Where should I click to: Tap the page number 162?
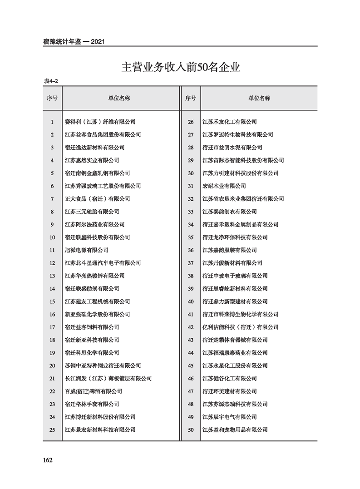(x=48, y=460)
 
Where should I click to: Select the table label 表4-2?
(x=51, y=81)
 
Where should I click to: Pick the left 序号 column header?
(x=52, y=98)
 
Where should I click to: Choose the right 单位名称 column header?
(x=259, y=98)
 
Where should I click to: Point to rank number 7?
(x=53, y=199)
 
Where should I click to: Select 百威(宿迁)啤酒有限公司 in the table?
(x=94, y=391)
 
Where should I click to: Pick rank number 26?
(x=191, y=122)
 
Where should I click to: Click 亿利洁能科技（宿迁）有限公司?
(x=240, y=327)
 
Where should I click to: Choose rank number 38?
(x=191, y=276)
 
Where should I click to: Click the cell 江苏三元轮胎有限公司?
(x=92, y=212)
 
